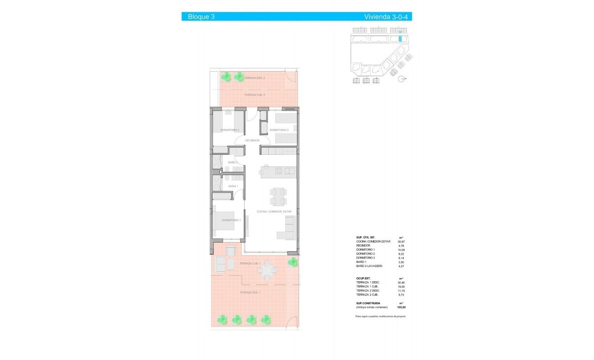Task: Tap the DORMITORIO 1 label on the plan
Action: (231, 220)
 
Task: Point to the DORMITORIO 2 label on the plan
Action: (229, 130)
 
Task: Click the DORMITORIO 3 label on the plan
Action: (279, 130)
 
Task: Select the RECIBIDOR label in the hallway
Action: (252, 140)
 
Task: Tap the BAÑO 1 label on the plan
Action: (233, 186)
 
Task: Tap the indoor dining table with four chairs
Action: (278, 197)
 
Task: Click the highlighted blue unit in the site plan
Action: (400, 39)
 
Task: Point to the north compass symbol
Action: (401, 79)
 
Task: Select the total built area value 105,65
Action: (401, 307)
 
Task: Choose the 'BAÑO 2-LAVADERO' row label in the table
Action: (369, 266)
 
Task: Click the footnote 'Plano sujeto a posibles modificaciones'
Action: (380, 317)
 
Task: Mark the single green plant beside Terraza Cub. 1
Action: (293, 261)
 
